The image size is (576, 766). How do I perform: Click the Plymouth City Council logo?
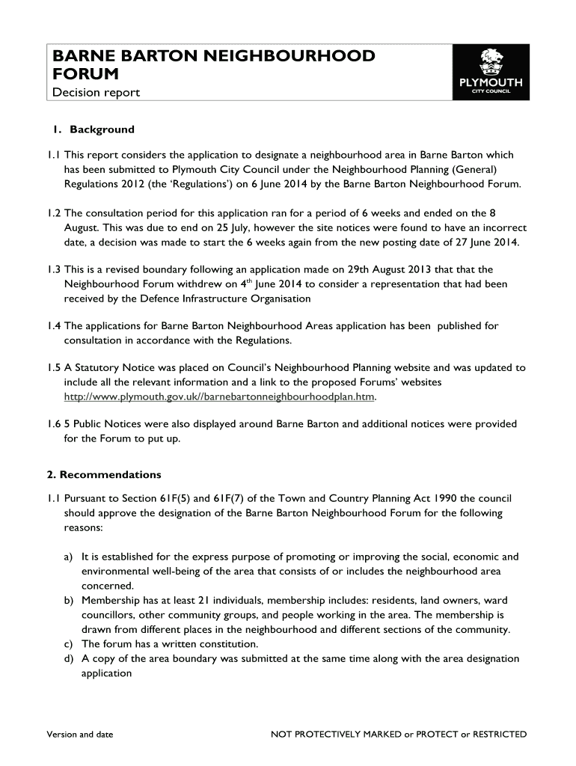coord(491,72)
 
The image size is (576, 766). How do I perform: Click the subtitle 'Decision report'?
coord(95,93)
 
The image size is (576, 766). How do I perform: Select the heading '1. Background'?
coord(94,129)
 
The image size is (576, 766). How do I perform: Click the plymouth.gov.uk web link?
coord(218,396)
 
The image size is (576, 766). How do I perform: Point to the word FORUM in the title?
coord(85,74)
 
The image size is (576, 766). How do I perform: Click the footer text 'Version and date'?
coord(79,734)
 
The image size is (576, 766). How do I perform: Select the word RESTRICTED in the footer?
coord(499,734)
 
